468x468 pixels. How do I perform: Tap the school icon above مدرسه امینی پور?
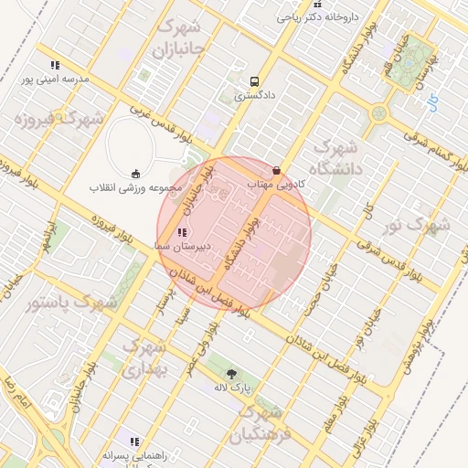click(x=56, y=65)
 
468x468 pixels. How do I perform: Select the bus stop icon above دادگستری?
click(x=253, y=80)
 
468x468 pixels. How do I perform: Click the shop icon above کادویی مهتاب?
click(x=277, y=170)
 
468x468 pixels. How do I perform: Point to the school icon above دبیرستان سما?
click(x=181, y=233)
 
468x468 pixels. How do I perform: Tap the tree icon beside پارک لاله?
click(x=231, y=374)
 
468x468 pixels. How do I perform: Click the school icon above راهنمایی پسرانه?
click(x=134, y=441)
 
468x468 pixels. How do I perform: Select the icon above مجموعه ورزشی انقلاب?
click(x=136, y=175)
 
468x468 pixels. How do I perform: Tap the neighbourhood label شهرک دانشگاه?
click(x=338, y=156)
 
